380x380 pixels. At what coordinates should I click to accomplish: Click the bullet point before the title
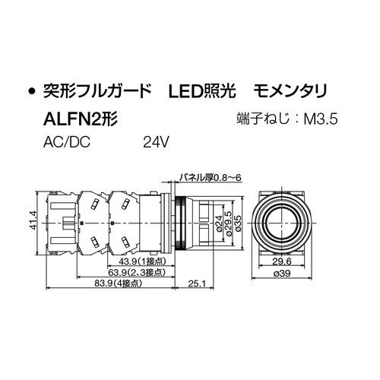point(32,93)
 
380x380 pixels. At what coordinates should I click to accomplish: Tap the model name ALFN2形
point(80,119)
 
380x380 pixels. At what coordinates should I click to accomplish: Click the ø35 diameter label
point(237,222)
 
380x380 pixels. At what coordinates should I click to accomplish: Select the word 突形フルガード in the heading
point(97,92)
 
